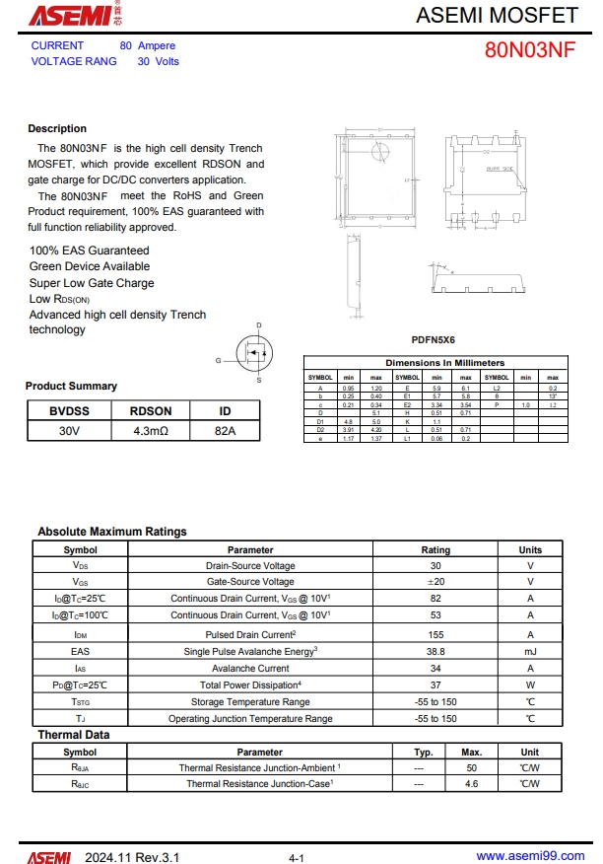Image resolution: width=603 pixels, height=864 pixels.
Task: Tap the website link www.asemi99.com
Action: tap(530, 856)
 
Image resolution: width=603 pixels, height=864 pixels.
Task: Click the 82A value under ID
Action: tap(225, 431)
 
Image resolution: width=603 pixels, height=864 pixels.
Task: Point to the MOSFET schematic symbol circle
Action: tap(255, 352)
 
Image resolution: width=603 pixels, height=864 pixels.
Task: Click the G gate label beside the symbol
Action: tap(219, 361)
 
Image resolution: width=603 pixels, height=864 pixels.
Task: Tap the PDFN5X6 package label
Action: tap(434, 339)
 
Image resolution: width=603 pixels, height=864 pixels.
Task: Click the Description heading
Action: tap(57, 128)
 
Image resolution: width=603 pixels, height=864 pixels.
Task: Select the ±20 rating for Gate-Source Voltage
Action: tap(435, 582)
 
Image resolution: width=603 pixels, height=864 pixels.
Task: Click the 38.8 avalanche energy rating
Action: tap(435, 651)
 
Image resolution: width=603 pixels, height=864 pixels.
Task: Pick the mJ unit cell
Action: tap(530, 651)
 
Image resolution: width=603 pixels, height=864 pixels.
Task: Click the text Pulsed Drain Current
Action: tap(250, 634)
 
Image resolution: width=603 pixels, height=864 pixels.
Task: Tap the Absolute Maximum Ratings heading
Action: tap(112, 532)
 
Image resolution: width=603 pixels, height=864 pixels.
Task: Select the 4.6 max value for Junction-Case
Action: tap(471, 783)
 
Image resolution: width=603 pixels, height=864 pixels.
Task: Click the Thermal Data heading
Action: tap(74, 735)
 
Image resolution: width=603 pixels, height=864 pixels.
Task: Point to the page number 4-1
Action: tap(297, 858)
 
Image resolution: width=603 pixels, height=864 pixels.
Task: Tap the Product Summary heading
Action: tap(71, 386)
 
